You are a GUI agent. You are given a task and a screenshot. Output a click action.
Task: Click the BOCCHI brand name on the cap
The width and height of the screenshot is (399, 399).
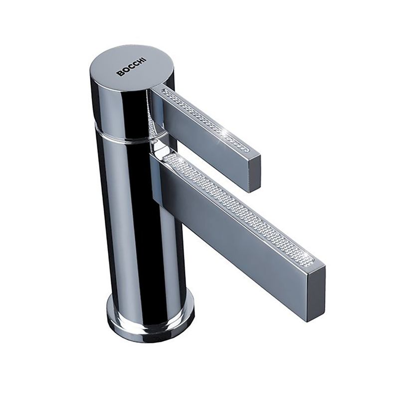coord(131,67)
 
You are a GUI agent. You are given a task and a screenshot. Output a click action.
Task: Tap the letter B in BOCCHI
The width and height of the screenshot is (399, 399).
coord(119,74)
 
